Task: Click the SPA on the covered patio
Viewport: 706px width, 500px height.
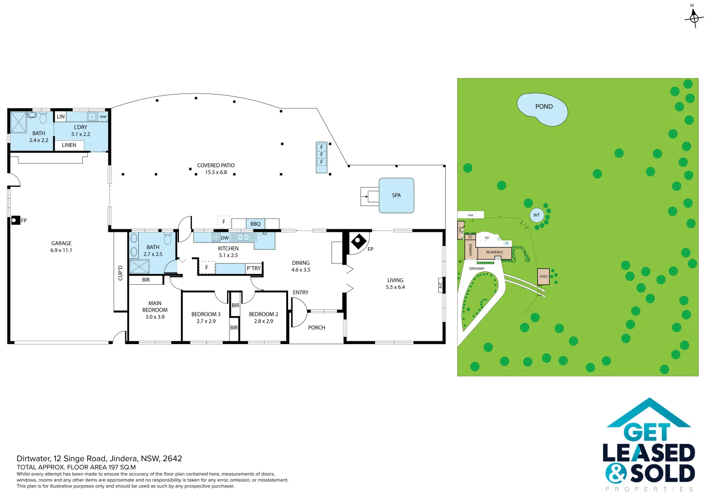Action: (x=396, y=195)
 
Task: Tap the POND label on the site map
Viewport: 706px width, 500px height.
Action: (x=544, y=106)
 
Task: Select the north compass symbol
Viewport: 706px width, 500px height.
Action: (x=694, y=18)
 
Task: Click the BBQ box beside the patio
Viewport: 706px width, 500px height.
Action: (x=255, y=224)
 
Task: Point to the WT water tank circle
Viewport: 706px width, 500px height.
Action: (x=536, y=215)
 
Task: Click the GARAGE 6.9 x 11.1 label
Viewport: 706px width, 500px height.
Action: (x=61, y=247)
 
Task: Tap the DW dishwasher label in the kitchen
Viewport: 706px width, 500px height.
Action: (x=225, y=238)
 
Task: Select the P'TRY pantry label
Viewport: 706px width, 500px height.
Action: (x=253, y=268)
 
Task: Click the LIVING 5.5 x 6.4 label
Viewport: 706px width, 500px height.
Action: (x=395, y=284)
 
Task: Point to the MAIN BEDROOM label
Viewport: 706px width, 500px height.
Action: (x=155, y=310)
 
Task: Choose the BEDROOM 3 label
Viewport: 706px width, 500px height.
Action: (x=206, y=318)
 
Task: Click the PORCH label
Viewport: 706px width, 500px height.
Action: (x=317, y=328)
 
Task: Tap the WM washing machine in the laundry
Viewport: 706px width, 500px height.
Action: (x=103, y=117)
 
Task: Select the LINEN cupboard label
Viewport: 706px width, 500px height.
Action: (x=69, y=145)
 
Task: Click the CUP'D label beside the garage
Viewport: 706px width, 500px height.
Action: (x=120, y=273)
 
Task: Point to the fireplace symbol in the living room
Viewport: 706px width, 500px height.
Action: (x=358, y=241)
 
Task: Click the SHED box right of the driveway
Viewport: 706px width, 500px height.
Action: (x=543, y=276)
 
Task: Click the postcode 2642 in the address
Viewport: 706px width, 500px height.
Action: (x=172, y=458)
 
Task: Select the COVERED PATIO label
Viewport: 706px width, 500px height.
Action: (x=216, y=169)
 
